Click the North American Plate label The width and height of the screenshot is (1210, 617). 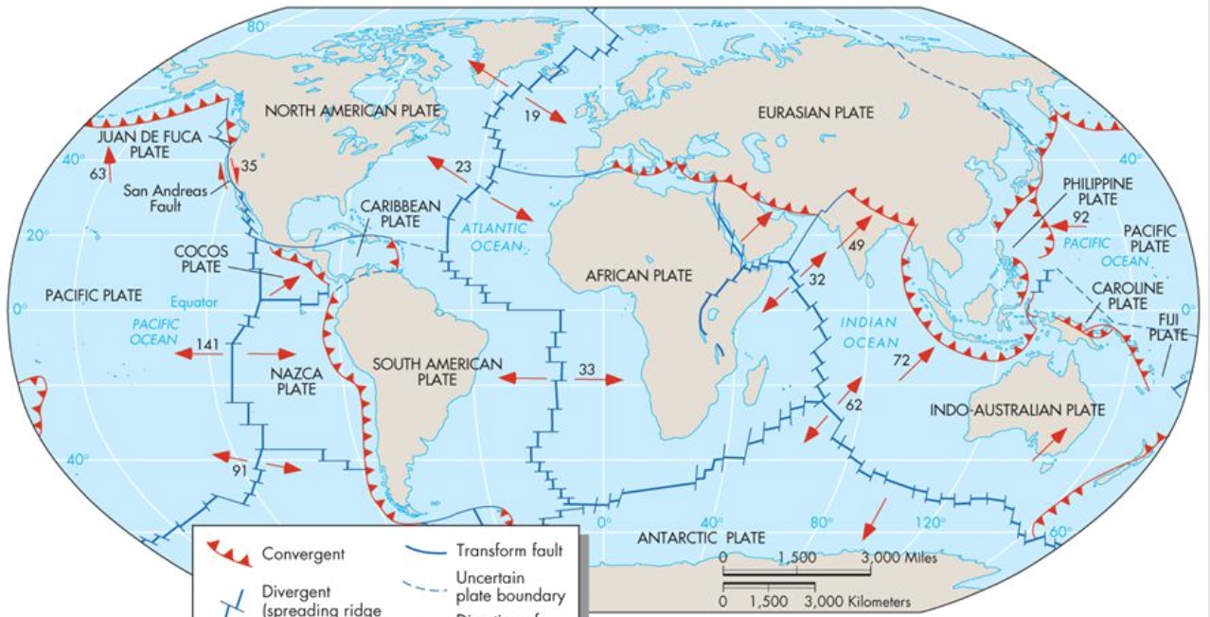[x=353, y=111]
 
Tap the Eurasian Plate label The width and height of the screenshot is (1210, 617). [x=815, y=113]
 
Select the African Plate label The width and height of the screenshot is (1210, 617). [x=639, y=276]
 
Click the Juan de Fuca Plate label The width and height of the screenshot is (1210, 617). [x=150, y=144]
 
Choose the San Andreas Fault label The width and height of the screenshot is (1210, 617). [x=165, y=198]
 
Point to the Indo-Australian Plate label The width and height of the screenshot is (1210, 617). [x=1017, y=410]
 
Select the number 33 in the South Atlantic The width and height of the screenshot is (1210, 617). [x=587, y=368]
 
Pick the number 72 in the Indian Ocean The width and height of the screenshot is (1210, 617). [x=901, y=360]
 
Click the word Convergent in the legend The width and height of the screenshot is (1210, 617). [x=303, y=554]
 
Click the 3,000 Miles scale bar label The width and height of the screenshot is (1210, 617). [x=899, y=557]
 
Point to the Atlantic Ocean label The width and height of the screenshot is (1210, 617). [x=492, y=237]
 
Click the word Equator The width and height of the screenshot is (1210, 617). [x=194, y=303]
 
